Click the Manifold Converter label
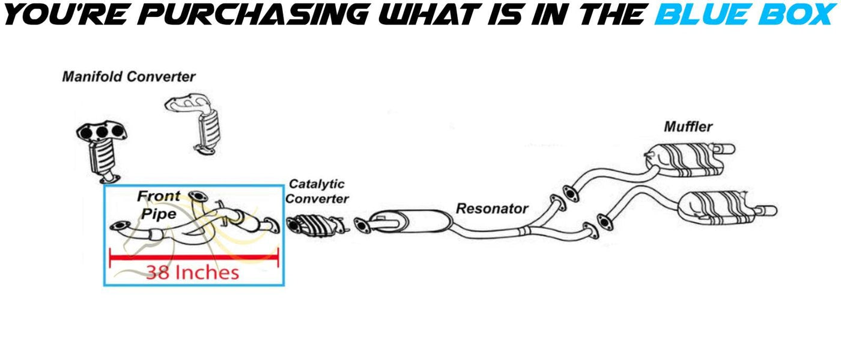pyautogui.click(x=129, y=77)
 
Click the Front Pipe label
pyautogui.click(x=159, y=205)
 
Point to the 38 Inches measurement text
pyautogui.click(x=192, y=273)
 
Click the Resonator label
pyautogui.click(x=492, y=209)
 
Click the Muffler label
pyautogui.click(x=688, y=127)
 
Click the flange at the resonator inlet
pyautogui.click(x=362, y=225)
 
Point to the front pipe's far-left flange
pyautogui.click(x=121, y=226)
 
